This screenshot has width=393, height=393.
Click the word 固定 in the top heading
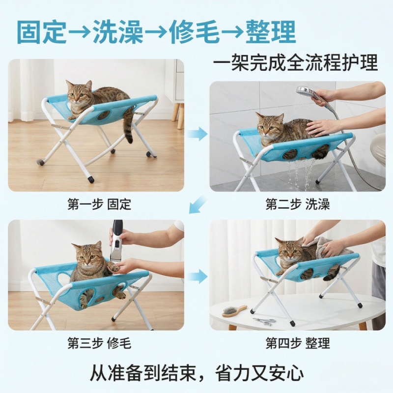tap(42, 32)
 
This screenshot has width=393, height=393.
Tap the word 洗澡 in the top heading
tap(118, 32)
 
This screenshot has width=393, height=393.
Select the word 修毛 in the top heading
tap(194, 32)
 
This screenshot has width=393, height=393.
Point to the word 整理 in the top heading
tap(271, 32)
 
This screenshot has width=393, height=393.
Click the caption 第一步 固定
tap(99, 204)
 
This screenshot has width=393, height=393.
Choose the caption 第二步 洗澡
tap(298, 204)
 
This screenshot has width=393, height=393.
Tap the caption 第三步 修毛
tap(99, 343)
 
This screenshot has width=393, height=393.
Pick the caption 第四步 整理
tap(298, 343)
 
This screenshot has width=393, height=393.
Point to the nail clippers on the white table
tap(264, 321)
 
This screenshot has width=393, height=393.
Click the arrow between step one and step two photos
tap(198, 134)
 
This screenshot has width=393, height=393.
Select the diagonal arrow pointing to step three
tap(197, 204)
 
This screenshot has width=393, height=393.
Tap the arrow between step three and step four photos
tap(198, 277)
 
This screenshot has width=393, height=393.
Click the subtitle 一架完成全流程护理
tap(295, 63)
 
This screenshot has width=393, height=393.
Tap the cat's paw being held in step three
tap(113, 267)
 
